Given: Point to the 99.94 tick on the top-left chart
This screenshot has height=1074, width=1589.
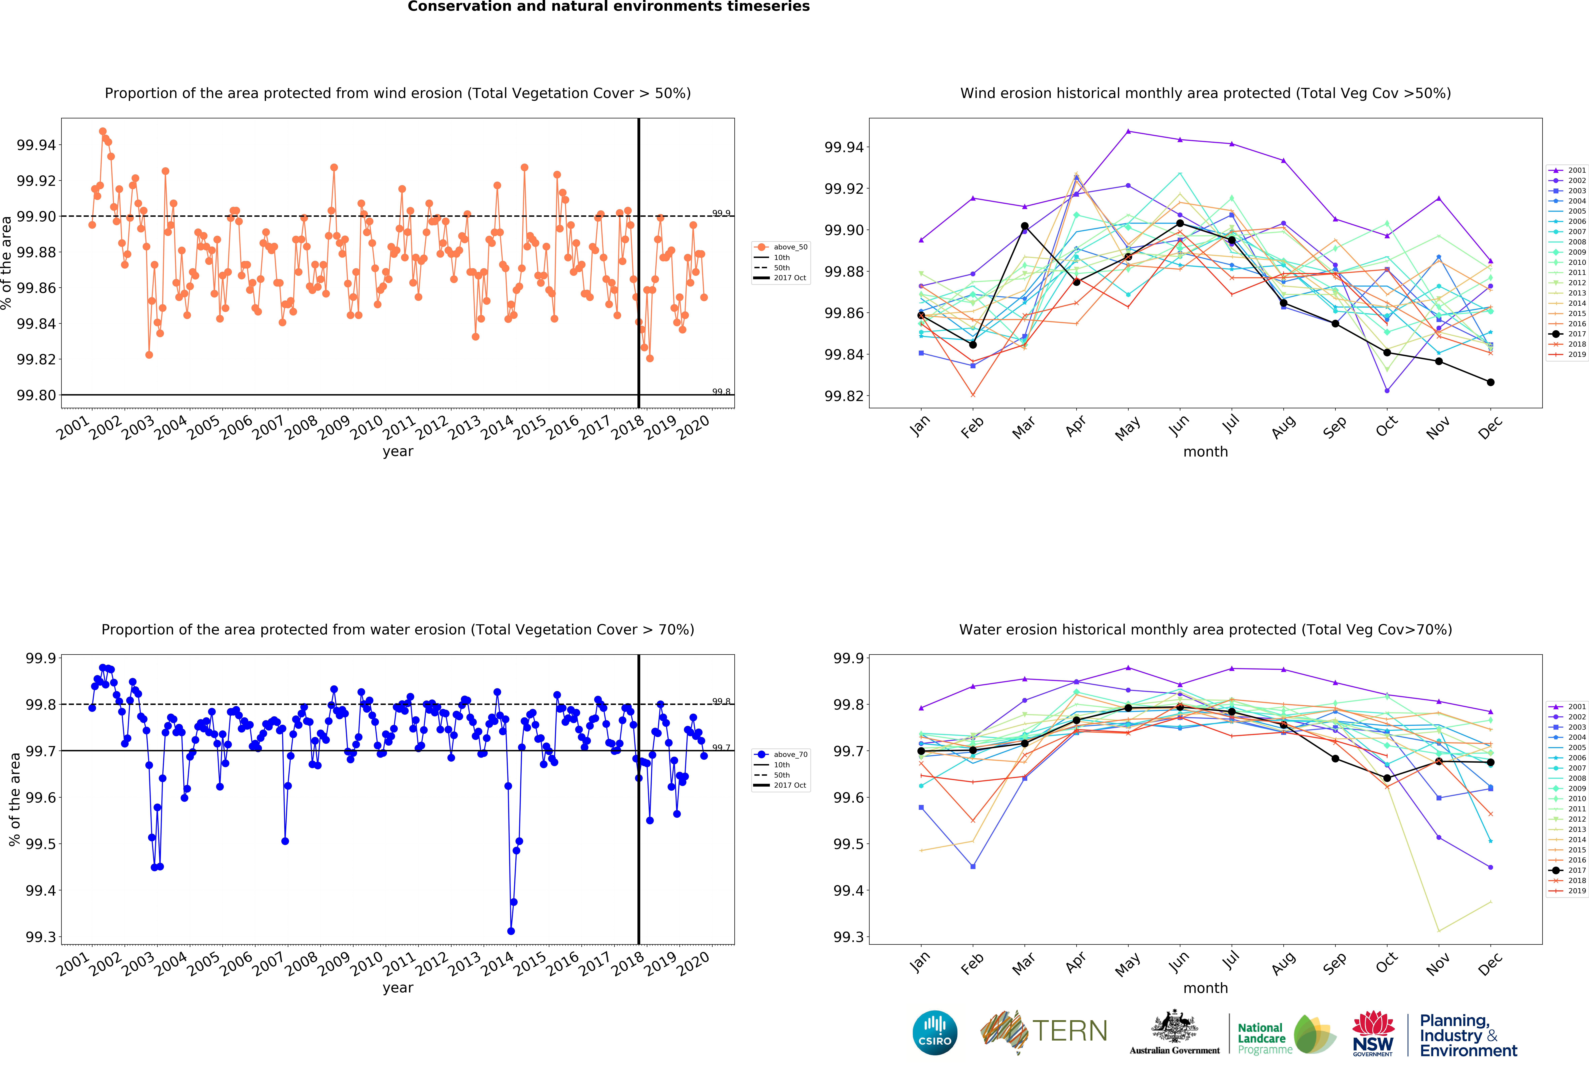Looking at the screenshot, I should [36, 145].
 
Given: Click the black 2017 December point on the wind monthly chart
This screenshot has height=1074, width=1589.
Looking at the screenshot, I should [1490, 382].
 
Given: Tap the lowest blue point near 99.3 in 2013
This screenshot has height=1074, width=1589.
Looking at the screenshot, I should [511, 931].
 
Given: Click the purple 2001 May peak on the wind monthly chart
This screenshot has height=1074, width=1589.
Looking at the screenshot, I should [1128, 131].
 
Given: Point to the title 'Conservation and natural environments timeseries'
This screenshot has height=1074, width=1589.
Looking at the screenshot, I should [609, 7].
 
